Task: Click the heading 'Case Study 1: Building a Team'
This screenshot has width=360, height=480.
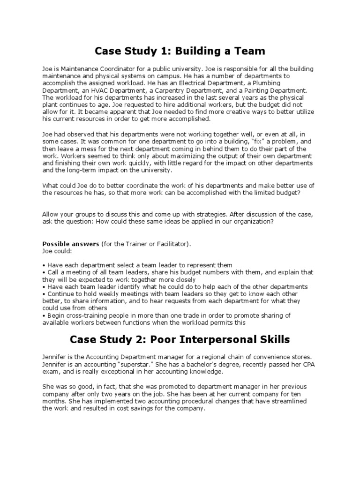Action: coord(180,51)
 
